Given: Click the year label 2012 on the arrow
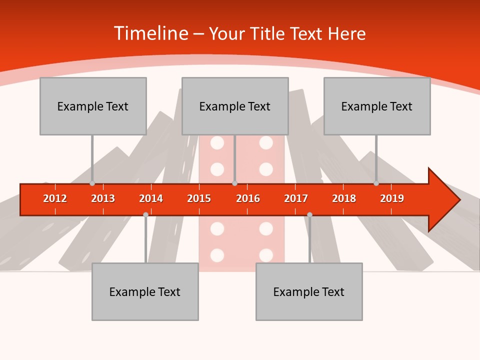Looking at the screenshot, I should pyautogui.click(x=55, y=198).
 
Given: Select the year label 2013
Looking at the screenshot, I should pyautogui.click(x=103, y=198).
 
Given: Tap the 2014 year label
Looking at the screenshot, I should pyautogui.click(x=151, y=198).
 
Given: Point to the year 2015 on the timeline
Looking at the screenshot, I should pyautogui.click(x=199, y=198).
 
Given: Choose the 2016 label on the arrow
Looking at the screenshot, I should pyautogui.click(x=248, y=198).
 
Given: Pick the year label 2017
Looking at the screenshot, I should pyautogui.click(x=296, y=198).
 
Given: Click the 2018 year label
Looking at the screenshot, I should pyautogui.click(x=344, y=198).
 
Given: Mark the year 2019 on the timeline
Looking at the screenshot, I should pyautogui.click(x=392, y=198).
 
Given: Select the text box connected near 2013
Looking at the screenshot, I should pyautogui.click(x=93, y=106).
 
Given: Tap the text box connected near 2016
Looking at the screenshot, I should pyautogui.click(x=235, y=106).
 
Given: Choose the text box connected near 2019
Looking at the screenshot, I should pyautogui.click(x=377, y=106).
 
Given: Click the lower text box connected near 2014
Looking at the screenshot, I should pyautogui.click(x=145, y=291).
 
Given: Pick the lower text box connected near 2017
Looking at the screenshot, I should pyautogui.click(x=309, y=291).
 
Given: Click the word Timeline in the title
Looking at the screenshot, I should pyautogui.click(x=150, y=33).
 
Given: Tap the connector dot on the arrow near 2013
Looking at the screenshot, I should pyautogui.click(x=92, y=183).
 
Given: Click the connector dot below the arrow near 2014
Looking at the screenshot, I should pyautogui.click(x=145, y=214).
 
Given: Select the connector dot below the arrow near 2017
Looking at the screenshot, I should pyautogui.click(x=309, y=214).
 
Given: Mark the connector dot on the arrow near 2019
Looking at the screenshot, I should pyautogui.click(x=376, y=183).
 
